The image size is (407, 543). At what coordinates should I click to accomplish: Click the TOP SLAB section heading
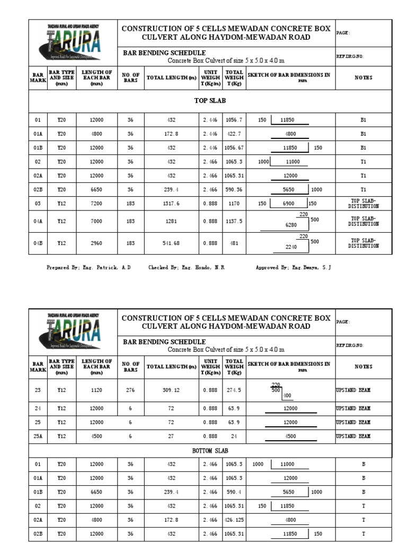tap(210, 100)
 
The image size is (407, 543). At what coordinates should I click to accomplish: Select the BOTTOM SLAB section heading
tap(210, 450)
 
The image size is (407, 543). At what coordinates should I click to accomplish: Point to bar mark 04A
tap(38, 221)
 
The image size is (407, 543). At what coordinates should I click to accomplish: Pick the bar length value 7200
tap(96, 203)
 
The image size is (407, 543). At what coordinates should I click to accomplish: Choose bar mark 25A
tap(38, 436)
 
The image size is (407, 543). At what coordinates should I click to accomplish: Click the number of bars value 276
tap(130, 390)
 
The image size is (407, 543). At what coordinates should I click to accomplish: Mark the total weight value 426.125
tap(234, 520)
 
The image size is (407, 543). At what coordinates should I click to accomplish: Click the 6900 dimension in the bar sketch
tap(289, 203)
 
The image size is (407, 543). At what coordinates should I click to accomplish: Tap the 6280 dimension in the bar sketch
tap(291, 225)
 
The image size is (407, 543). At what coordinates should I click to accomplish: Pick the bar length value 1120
tap(96, 390)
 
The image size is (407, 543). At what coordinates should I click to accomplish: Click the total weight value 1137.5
tap(234, 221)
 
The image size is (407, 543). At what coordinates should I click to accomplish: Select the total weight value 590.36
tap(234, 189)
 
